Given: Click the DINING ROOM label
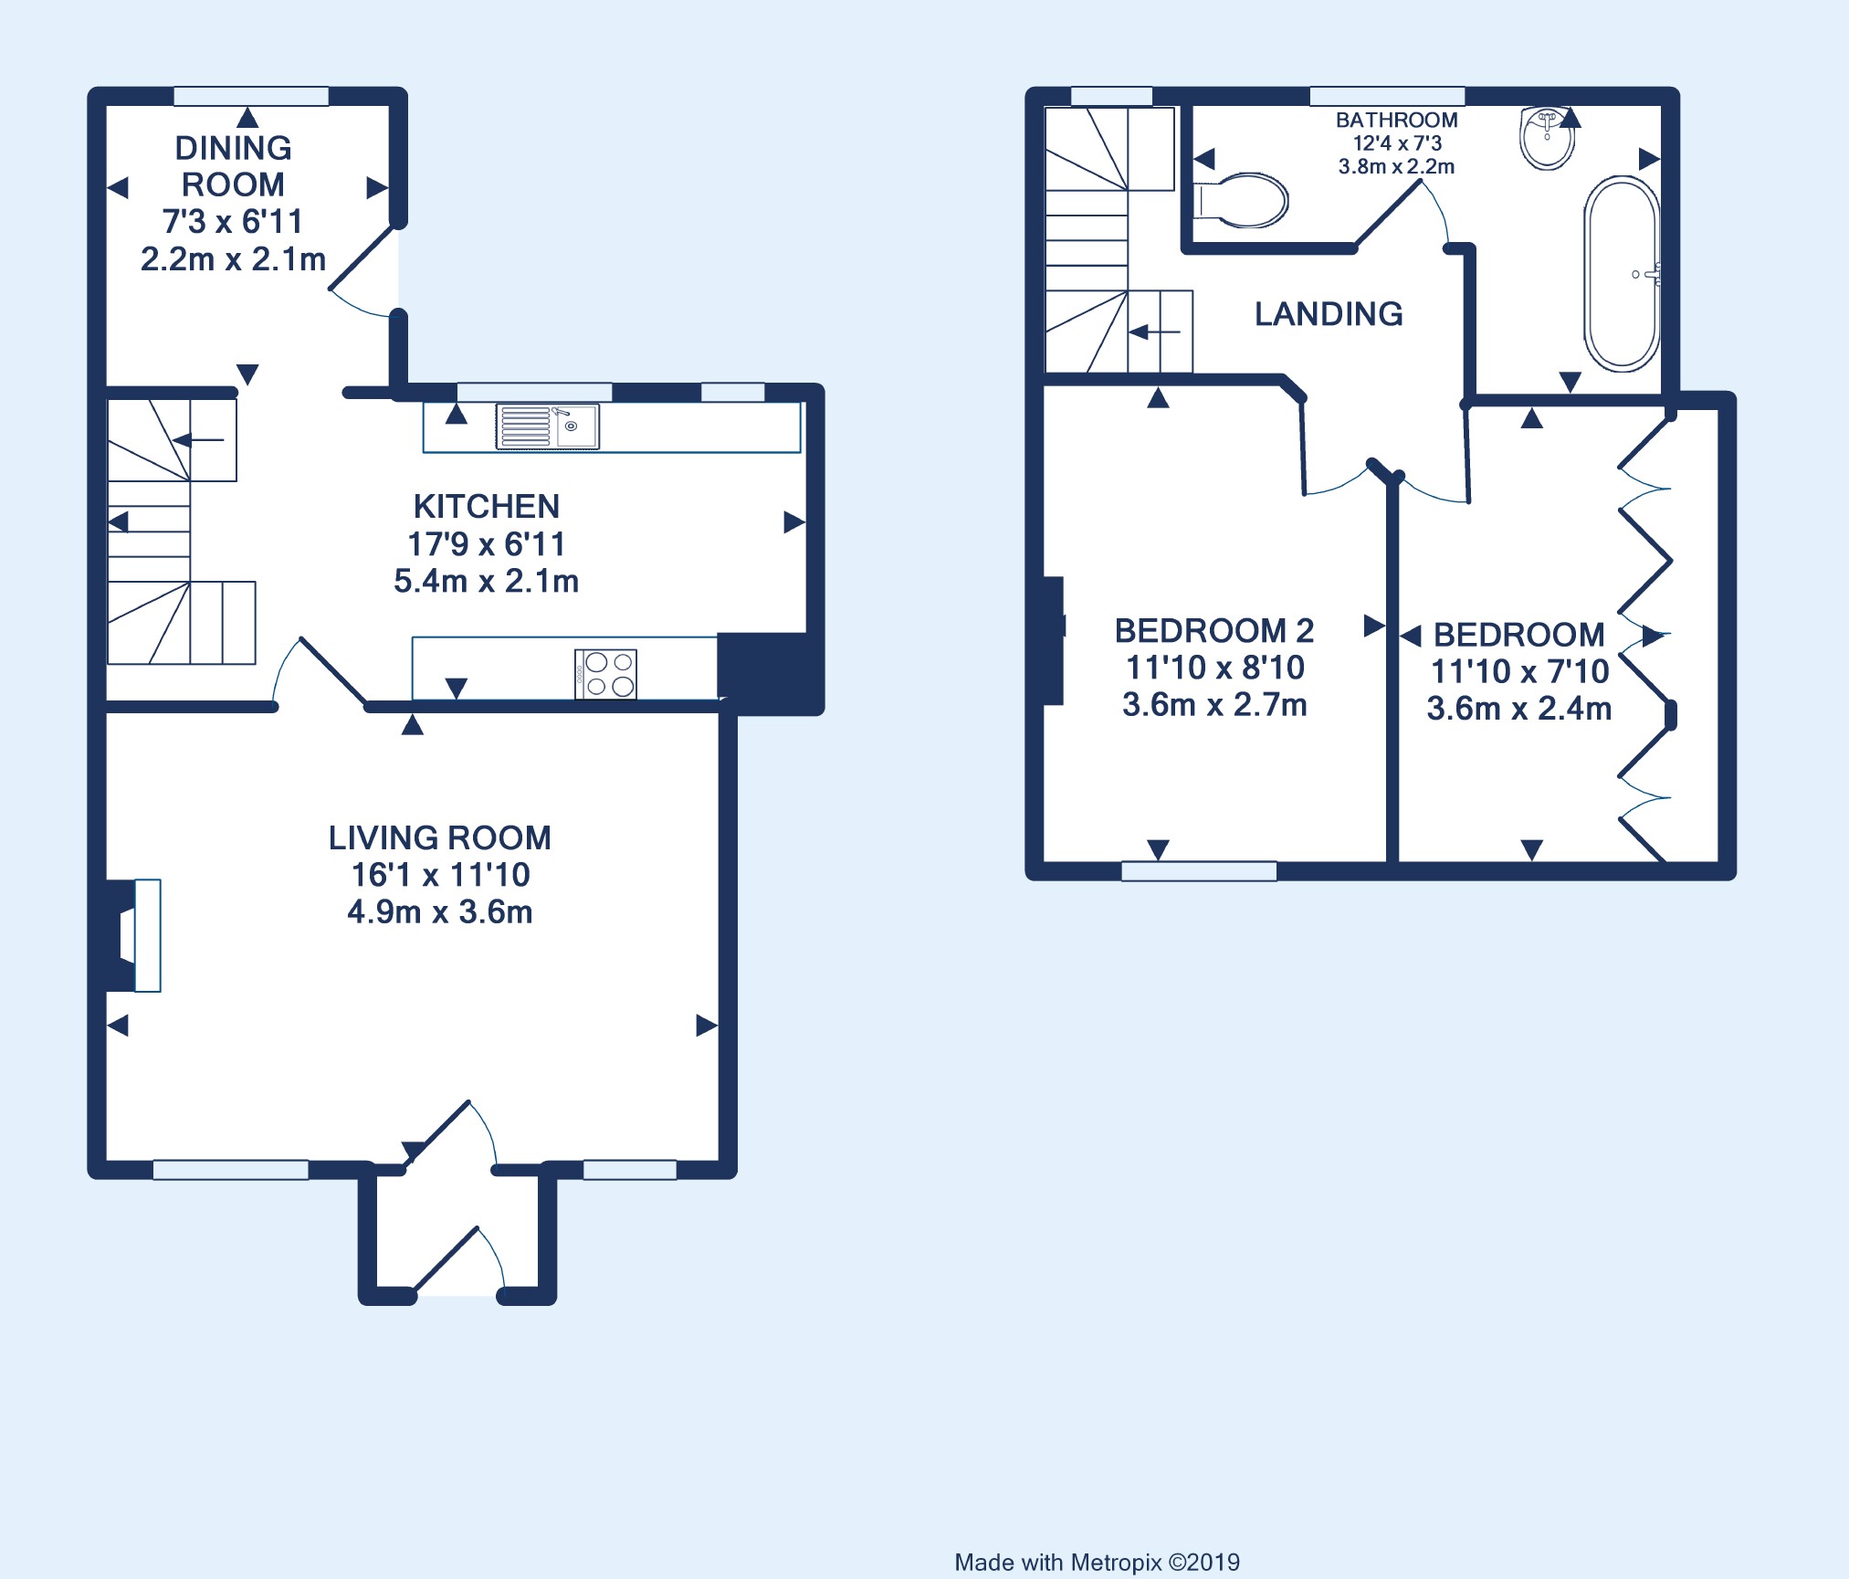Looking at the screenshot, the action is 233,166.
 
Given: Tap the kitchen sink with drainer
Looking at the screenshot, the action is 548,426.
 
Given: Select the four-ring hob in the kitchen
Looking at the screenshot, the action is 605,674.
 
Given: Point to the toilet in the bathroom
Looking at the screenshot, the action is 1241,200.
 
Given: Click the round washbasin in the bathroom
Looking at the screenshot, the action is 1548,138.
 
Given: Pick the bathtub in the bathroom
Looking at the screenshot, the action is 1622,274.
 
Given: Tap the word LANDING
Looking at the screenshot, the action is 1329,314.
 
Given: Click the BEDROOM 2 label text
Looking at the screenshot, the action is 1214,630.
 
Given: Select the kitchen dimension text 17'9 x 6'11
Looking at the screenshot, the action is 487,544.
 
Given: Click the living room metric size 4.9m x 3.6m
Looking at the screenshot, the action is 440,911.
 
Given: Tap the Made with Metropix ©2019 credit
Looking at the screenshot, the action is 1098,1563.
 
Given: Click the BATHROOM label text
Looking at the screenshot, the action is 1397,120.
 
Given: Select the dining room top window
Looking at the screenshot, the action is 251,96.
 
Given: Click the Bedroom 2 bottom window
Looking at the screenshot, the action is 1199,871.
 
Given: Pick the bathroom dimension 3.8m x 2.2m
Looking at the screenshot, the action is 1397,166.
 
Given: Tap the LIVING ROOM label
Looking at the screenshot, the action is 440,837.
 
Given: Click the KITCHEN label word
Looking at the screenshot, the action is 487,506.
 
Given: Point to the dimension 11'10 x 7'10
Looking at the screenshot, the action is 1519,671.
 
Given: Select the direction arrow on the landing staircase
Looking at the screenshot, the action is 1155,332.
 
